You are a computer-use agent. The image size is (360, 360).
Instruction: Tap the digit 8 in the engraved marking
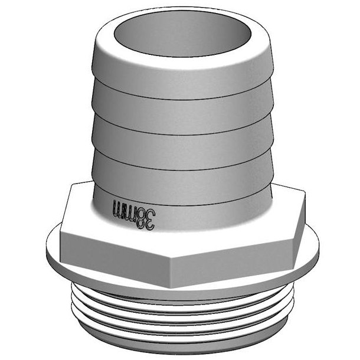tap(142, 212)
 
